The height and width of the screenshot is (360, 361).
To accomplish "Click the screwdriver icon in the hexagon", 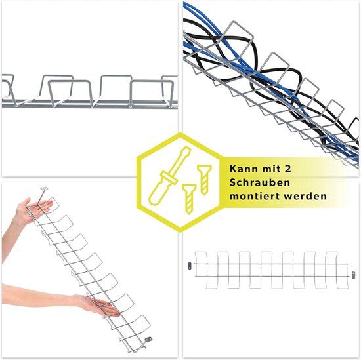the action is [169, 176].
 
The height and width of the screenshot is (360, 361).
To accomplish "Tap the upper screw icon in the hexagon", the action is [204, 180].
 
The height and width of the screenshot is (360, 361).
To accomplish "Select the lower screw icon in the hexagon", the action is [189, 199].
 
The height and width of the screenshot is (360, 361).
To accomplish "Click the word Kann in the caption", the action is [244, 169].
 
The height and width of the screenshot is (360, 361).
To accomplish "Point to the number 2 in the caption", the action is [287, 169].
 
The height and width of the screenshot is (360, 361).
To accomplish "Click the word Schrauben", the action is [260, 183].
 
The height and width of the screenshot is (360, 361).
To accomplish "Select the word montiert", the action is [255, 197].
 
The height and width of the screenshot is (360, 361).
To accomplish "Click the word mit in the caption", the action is [271, 169].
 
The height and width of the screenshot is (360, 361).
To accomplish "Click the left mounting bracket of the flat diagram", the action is [190, 266].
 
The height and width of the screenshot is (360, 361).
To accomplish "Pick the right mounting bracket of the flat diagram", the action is [353, 275].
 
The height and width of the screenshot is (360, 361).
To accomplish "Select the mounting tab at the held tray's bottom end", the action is [148, 339].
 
